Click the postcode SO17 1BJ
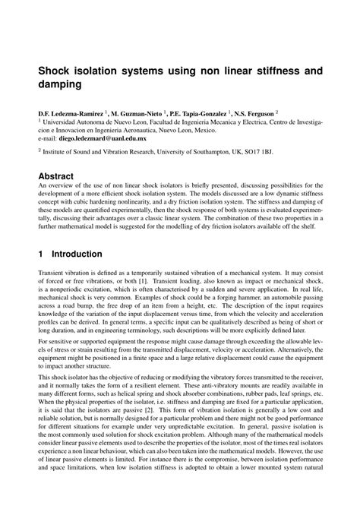click(x=285, y=152)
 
